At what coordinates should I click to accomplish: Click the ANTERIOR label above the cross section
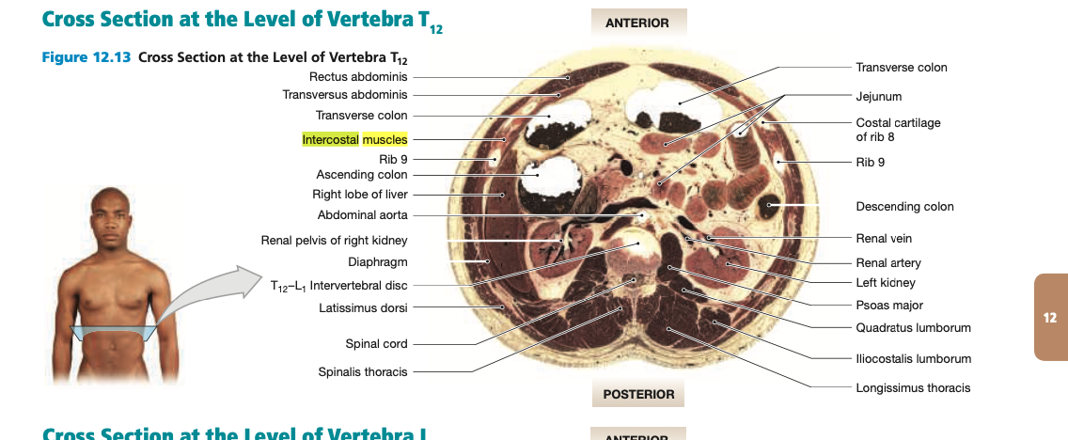637,24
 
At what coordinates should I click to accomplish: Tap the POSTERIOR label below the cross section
638,394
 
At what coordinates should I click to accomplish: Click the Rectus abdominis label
358,76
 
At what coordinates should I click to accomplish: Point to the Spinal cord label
377,344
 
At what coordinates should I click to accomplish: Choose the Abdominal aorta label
363,215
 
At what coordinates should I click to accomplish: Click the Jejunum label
879,96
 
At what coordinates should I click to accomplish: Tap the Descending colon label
904,207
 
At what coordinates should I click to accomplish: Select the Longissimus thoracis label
913,387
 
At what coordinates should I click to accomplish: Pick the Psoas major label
889,306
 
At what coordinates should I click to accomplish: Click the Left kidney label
886,283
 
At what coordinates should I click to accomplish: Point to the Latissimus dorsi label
364,306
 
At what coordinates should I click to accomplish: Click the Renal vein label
884,239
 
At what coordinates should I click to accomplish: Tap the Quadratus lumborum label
913,328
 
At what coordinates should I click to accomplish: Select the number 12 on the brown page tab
1051,318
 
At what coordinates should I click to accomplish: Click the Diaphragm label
377,262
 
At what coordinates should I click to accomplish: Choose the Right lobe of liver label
360,195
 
